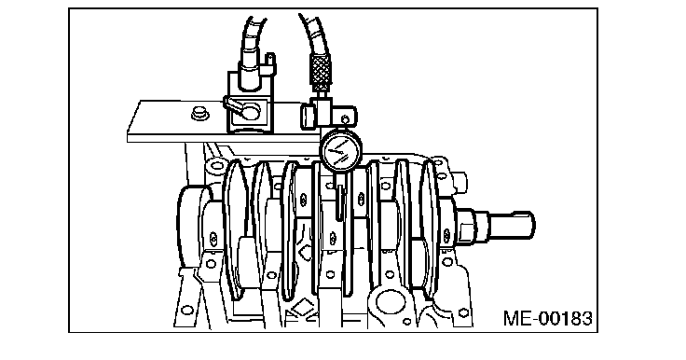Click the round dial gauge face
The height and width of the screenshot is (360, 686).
tap(342, 150)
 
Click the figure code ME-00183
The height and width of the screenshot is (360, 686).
tap(547, 318)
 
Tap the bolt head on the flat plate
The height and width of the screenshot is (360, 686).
tap(200, 113)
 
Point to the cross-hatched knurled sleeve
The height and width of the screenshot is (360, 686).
tap(321, 72)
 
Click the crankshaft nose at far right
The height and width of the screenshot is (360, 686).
tap(511, 225)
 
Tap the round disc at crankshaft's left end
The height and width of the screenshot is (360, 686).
tap(188, 226)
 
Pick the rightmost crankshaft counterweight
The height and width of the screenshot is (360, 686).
tap(430, 228)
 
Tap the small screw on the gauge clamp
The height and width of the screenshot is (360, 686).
tap(345, 119)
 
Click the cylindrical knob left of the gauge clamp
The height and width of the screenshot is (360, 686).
tap(308, 116)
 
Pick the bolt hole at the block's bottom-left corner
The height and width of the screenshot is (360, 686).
tap(186, 310)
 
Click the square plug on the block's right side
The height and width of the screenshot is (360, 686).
tap(460, 183)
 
